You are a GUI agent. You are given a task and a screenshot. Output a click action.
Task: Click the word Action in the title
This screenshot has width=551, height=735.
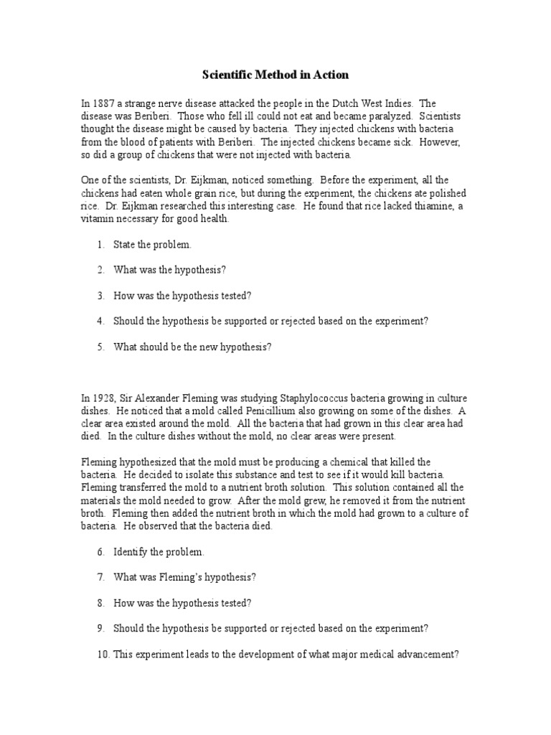tap(328, 75)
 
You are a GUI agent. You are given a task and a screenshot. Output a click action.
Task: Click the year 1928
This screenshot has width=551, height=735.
tap(102, 398)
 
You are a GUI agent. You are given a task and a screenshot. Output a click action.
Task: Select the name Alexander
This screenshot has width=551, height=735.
tap(157, 398)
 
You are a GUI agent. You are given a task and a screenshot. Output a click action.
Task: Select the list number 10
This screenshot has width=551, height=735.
tap(100, 654)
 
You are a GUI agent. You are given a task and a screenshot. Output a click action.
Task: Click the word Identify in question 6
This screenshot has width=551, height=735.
tap(131, 552)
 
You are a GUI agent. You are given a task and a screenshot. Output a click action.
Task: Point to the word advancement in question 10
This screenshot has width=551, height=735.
tap(427, 654)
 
